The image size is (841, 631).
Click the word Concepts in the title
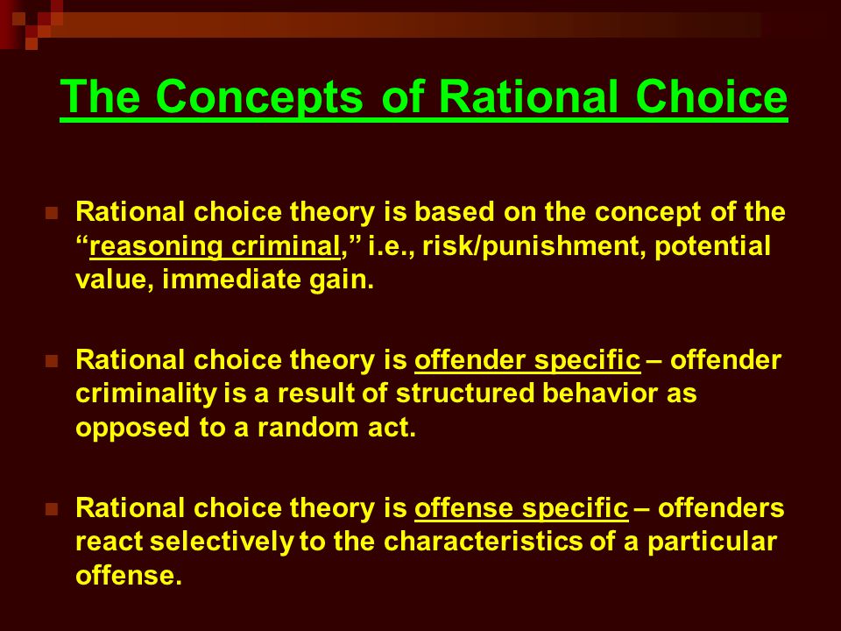259,97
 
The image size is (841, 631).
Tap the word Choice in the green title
711,96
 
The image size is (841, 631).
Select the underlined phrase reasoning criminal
215,247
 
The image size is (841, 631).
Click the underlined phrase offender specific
527,360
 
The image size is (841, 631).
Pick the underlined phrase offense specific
520,508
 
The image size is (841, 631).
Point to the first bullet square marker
52,213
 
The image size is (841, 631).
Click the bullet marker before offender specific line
52,361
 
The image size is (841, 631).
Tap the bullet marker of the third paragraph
52,509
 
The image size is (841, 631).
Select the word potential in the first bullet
712,247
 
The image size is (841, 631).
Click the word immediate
231,280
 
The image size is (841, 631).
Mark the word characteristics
483,542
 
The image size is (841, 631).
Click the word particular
711,542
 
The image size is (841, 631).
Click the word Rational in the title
527,96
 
